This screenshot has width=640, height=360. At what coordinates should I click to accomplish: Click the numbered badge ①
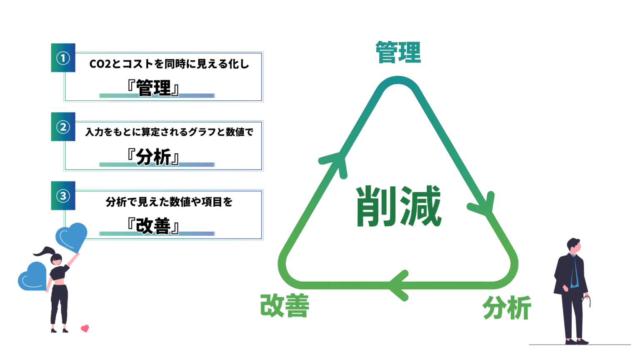[63, 58]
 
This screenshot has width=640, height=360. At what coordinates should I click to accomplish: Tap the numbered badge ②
[63, 127]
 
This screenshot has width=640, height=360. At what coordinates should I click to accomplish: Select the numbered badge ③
[63, 195]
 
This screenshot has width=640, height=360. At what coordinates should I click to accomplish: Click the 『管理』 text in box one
[154, 88]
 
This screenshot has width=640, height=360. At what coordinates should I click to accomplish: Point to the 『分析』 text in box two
[154, 157]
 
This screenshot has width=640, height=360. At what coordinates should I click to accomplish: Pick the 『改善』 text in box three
[154, 226]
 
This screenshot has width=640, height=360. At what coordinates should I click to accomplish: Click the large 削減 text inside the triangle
[398, 206]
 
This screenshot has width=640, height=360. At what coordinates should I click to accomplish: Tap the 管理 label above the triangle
[398, 52]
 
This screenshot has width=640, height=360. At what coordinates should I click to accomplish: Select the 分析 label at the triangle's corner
[507, 308]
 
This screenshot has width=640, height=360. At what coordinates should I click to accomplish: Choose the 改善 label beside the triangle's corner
[285, 306]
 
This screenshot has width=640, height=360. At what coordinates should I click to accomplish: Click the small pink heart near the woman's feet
[85, 328]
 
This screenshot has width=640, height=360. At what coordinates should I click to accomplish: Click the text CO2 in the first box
[98, 65]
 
